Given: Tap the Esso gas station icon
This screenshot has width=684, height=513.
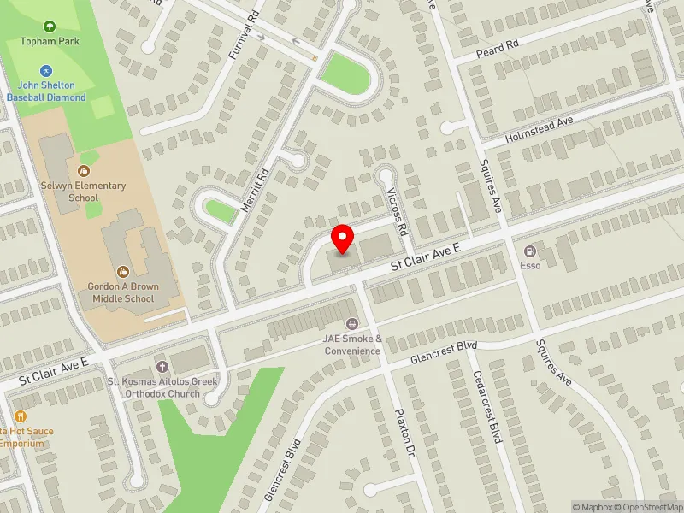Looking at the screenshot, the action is click(530, 251).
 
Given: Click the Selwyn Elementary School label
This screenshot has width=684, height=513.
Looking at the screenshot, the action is click(84, 192).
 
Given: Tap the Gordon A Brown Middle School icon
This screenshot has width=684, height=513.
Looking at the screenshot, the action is click(121, 272).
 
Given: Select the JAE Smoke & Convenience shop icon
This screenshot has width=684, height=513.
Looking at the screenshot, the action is click(351, 324).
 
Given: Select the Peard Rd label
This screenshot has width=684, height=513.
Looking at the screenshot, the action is click(500, 51).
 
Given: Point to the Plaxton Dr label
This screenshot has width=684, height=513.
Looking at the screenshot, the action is click(404, 433).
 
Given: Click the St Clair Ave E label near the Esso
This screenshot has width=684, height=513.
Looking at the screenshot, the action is click(426, 257).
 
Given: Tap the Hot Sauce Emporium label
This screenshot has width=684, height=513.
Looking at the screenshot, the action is click(27, 437).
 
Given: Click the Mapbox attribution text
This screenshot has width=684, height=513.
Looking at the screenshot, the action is click(593, 507).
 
